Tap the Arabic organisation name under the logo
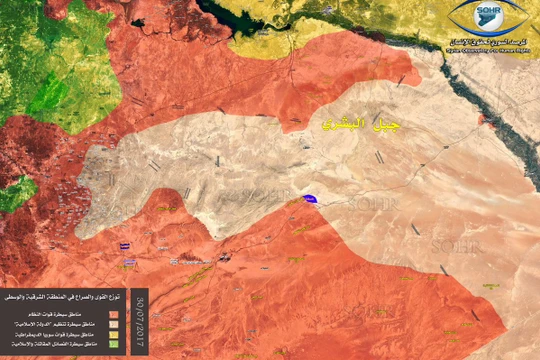pos(489,38)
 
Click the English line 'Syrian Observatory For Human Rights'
pos(489,46)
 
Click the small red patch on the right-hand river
pos(482,120)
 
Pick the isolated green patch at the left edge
pos(14,192)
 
